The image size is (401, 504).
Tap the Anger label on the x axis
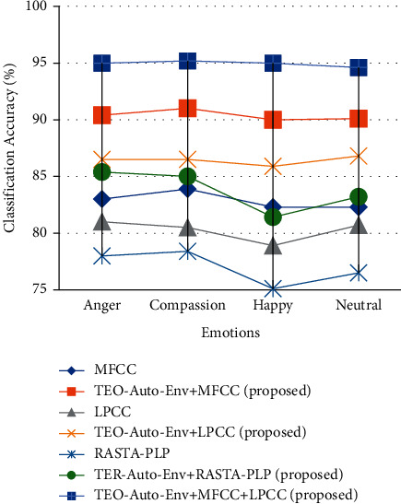pyautogui.click(x=101, y=305)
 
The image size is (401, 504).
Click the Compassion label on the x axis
pyautogui.click(x=187, y=305)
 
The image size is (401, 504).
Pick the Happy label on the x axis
pyautogui.click(x=273, y=305)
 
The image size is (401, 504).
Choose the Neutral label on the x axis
pyautogui.click(x=358, y=305)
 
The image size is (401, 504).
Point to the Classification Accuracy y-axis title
pyautogui.click(x=11, y=148)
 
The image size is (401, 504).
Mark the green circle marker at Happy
pyautogui.click(x=273, y=217)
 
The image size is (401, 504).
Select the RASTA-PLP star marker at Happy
pyautogui.click(x=273, y=289)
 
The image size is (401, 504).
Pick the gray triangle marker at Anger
pyautogui.click(x=101, y=221)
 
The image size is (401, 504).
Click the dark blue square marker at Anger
pyautogui.click(x=101, y=63)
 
